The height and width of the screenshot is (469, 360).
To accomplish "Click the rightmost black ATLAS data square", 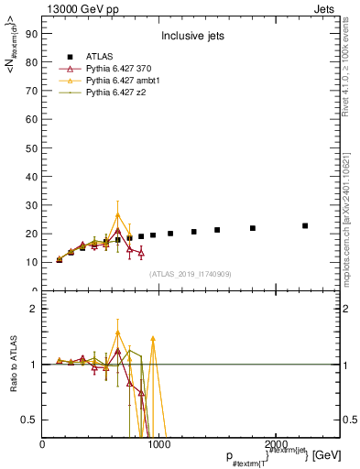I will coord(305,225).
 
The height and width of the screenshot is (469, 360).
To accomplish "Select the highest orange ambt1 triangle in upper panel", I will coord(117,215).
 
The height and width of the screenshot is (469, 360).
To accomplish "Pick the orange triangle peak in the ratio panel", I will coord(117,333).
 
